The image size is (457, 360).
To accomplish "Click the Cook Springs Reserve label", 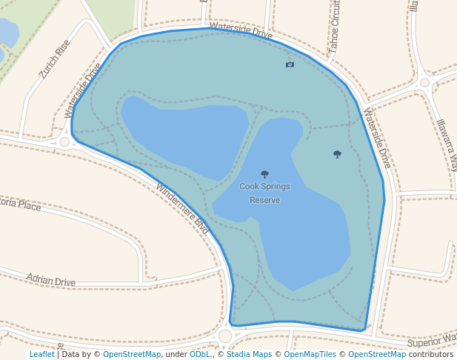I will (x=264, y=193).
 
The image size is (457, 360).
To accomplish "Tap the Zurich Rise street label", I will (x=55, y=59).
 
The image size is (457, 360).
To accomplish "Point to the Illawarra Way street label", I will (x=447, y=144).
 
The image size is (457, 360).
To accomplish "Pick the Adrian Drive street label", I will (x=51, y=281).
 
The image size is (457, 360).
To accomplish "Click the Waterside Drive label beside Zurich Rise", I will (x=83, y=90).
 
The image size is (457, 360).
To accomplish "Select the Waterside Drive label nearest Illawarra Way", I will (x=376, y=138).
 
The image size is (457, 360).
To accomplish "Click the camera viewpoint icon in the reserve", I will (x=290, y=64).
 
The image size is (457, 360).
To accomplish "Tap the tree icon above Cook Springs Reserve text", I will (x=264, y=174).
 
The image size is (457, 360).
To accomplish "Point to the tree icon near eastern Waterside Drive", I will (x=337, y=154).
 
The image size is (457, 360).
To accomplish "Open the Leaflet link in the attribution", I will (x=41, y=354).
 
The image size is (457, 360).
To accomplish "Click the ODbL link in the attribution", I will (x=199, y=354).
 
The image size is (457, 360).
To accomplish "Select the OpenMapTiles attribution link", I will (x=308, y=354).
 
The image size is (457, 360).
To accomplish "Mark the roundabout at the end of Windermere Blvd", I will (x=225, y=336).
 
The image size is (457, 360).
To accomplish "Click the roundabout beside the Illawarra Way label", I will (x=424, y=83).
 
